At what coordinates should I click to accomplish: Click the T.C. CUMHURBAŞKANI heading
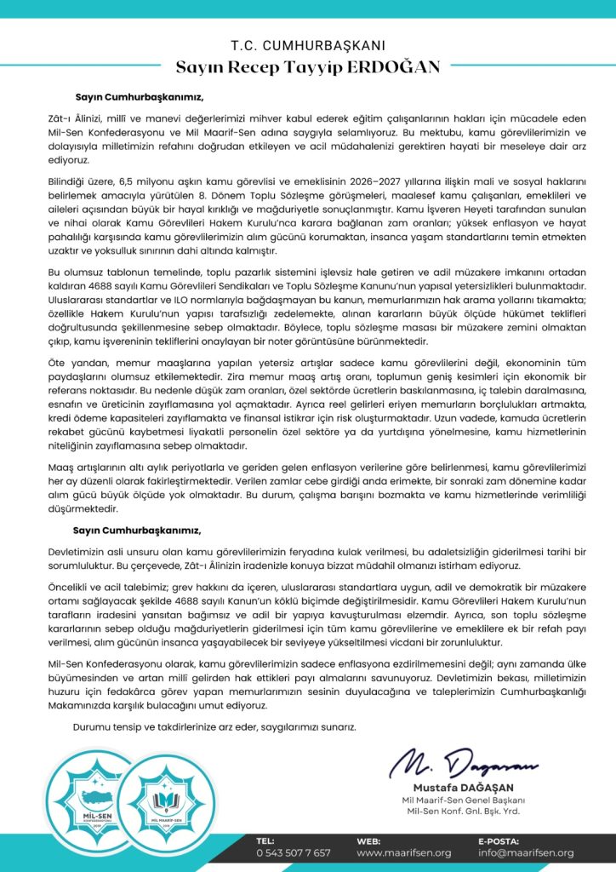(x=308, y=44)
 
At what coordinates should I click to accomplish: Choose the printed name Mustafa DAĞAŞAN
(x=465, y=787)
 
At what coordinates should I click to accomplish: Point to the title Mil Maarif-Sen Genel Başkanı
(x=465, y=800)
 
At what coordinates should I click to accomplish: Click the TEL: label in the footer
(x=265, y=840)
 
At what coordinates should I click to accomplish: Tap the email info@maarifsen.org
(x=525, y=852)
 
